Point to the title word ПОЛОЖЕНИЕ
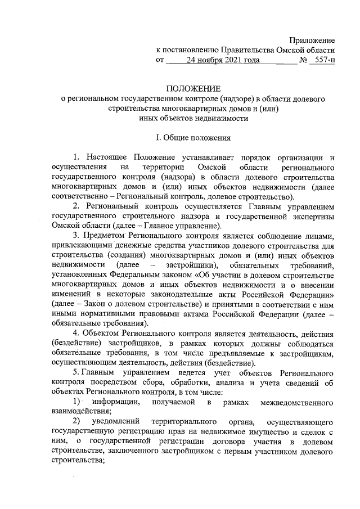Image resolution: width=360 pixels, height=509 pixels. click(x=193, y=88)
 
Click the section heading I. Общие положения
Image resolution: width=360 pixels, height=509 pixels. click(x=193, y=136)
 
